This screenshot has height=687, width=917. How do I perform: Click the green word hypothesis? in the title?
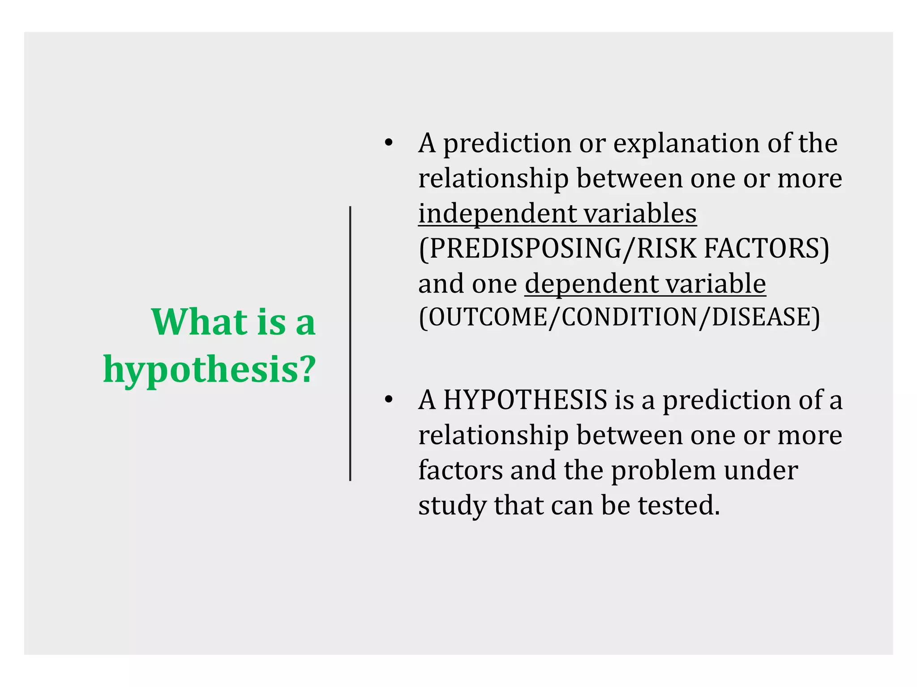tap(210, 370)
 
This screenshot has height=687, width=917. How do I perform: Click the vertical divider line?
tap(350, 343)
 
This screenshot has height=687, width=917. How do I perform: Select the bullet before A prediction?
tap(388, 143)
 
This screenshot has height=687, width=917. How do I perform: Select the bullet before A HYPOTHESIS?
tap(388, 399)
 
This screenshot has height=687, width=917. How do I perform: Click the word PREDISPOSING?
tap(522, 249)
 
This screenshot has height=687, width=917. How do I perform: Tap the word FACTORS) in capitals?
tap(767, 249)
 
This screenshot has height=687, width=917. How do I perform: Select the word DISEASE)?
tap(766, 318)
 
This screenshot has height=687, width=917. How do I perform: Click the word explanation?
tap(686, 143)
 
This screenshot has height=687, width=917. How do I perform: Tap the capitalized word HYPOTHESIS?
tap(525, 399)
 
